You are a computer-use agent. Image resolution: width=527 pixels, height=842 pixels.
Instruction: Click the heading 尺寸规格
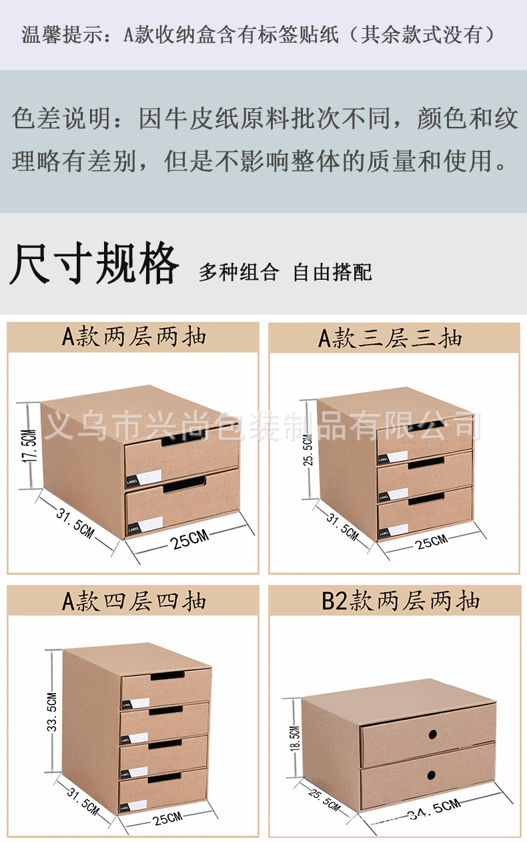94,264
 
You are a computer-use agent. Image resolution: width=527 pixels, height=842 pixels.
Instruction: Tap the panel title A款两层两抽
133,337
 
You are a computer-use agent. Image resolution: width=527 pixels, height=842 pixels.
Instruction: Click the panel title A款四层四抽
133,601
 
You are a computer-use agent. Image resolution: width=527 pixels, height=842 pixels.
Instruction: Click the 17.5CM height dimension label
29,447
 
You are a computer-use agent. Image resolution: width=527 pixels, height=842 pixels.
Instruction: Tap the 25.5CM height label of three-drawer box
308,452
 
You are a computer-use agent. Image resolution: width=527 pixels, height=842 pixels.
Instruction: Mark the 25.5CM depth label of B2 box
324,799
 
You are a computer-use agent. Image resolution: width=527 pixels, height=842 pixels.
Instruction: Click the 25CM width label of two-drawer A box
189,540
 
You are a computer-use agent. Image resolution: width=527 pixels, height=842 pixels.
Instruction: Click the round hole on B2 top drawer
432,734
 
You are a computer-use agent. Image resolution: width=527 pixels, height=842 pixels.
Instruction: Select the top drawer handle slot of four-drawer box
166,678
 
